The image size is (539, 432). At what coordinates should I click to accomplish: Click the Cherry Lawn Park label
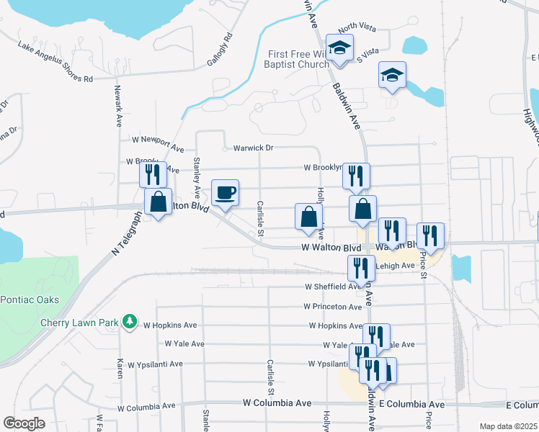pyautogui.click(x=79, y=323)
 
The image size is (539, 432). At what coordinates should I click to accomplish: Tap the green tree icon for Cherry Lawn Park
pyautogui.click(x=130, y=321)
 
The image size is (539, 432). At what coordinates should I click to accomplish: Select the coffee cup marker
pyautogui.click(x=225, y=193)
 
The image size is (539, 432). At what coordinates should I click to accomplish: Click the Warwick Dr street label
pyautogui.click(x=253, y=148)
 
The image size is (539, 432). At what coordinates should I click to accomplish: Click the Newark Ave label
pyautogui.click(x=118, y=107)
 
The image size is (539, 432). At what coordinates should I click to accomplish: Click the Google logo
pyautogui.click(x=24, y=423)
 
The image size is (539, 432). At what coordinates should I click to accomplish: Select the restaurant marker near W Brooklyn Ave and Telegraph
pyautogui.click(x=153, y=175)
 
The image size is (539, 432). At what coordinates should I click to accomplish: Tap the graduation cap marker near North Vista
pyautogui.click(x=338, y=49)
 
